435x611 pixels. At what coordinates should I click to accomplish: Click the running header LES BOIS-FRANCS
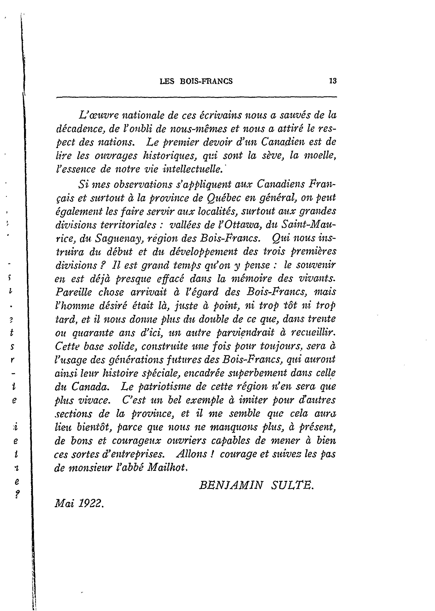point(196,81)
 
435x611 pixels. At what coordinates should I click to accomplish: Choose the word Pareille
point(73,292)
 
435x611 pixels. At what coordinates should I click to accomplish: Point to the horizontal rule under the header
point(196,97)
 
